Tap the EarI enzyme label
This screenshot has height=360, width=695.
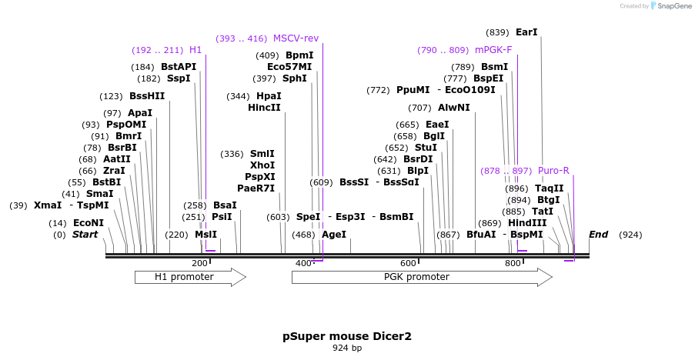(526, 32)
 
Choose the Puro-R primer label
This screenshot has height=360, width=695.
(553, 170)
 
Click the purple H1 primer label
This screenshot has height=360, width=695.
(195, 50)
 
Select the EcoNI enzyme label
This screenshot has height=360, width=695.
(88, 223)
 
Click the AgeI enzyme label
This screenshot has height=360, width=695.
(333, 235)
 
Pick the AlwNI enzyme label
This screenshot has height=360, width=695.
(453, 108)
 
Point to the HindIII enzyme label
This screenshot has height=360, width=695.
(527, 223)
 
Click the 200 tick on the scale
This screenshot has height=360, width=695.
(200, 264)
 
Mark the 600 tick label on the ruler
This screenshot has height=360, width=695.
(408, 264)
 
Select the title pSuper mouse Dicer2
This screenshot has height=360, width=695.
(347, 336)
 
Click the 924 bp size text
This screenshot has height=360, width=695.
(347, 348)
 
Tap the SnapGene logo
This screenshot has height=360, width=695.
(667, 6)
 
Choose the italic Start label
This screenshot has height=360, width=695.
(85, 235)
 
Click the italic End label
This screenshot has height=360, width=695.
(598, 235)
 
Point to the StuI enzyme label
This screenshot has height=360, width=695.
(426, 147)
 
